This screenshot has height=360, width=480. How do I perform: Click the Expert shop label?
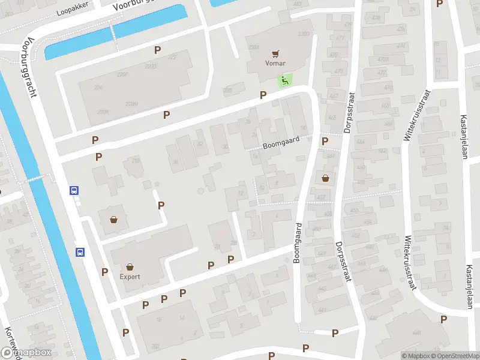(x=130, y=277)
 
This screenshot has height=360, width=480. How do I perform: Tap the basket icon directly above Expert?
(x=130, y=267)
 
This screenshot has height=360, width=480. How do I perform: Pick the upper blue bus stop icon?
(x=74, y=191)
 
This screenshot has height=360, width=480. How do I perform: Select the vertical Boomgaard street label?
(x=297, y=243)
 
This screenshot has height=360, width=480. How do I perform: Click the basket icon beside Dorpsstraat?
(x=325, y=178)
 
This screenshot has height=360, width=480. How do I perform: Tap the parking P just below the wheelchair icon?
(x=263, y=95)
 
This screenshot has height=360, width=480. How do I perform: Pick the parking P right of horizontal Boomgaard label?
(x=325, y=142)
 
